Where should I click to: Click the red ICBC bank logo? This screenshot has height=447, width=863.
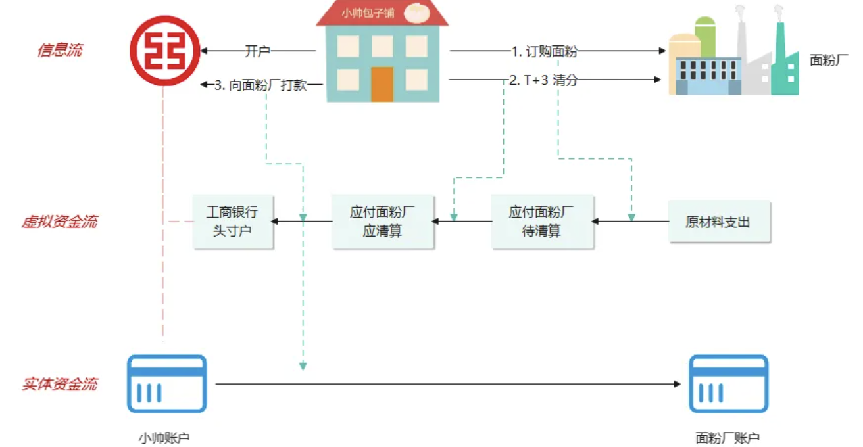pyautogui.click(x=164, y=50)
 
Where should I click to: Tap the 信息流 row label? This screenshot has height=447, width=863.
pyautogui.click(x=60, y=50)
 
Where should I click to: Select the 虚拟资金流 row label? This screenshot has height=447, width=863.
pyautogui.click(x=59, y=222)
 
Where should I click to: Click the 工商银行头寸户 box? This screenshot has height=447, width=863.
pyautogui.click(x=233, y=222)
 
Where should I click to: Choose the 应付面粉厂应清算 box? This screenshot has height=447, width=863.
pyautogui.click(x=382, y=222)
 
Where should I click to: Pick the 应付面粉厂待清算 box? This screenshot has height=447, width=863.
pyautogui.click(x=542, y=222)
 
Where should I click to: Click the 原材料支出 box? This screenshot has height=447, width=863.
pyautogui.click(x=718, y=222)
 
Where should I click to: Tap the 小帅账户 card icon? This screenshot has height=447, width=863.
pyautogui.click(x=166, y=384)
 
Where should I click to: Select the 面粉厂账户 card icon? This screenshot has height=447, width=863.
pyautogui.click(x=728, y=384)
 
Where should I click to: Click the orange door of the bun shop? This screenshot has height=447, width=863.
pyautogui.click(x=382, y=83)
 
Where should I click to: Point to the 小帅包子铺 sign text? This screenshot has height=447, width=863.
pyautogui.click(x=368, y=12)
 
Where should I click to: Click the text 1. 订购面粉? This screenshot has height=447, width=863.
pyautogui.click(x=544, y=51)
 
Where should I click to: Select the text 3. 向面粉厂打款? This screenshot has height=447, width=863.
pyautogui.click(x=261, y=85)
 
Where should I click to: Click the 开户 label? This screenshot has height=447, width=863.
pyautogui.click(x=257, y=51)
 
